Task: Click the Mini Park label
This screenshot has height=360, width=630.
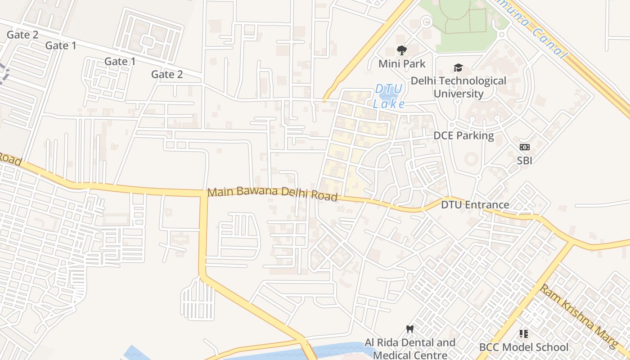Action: (401, 63)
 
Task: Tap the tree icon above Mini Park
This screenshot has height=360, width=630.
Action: (401, 50)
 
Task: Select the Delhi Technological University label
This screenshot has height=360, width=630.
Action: (458, 87)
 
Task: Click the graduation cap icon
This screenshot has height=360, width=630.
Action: (458, 68)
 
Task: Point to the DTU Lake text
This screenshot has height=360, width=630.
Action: (389, 96)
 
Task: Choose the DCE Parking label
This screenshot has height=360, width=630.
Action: (463, 135)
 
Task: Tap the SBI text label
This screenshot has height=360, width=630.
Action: (525, 160)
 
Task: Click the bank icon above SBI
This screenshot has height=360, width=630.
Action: (525, 147)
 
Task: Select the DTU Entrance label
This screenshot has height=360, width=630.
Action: (475, 205)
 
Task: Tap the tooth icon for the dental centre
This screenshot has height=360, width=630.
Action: (409, 329)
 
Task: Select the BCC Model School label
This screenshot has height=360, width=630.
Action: (524, 347)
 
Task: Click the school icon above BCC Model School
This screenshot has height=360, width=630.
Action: (524, 334)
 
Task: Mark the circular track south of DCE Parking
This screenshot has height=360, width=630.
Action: (472, 158)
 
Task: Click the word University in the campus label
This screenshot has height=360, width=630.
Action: (458, 94)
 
